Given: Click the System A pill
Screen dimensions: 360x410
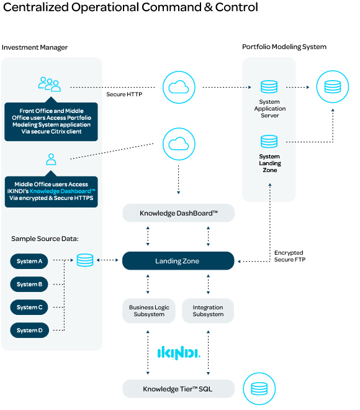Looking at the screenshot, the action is tap(29, 261).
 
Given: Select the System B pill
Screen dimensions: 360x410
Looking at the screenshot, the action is tap(29, 285).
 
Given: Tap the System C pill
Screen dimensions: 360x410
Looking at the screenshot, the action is tap(29, 307).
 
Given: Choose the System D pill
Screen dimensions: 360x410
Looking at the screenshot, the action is tap(30, 330).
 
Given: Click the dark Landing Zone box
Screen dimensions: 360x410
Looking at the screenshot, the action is tap(178, 261).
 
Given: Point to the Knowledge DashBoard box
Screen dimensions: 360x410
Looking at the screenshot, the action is tap(178, 213).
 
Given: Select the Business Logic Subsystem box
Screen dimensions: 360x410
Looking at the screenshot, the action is tap(149, 311).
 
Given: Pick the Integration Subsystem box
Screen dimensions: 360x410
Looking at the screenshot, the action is tap(208, 311).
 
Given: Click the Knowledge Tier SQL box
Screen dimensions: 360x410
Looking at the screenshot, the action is tap(178, 389).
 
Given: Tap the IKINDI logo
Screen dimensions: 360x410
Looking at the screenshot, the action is tap(179, 353).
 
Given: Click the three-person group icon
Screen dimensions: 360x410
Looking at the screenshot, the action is tap(50, 84).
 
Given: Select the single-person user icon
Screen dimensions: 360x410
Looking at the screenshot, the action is tap(51, 159).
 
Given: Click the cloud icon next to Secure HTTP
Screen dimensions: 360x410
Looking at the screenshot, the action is tap(179, 88).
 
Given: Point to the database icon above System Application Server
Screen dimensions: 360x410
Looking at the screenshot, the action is tap(269, 86).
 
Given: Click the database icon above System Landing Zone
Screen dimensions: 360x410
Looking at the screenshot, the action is tap(269, 141).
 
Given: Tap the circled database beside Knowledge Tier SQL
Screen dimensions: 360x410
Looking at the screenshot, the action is tap(259, 388).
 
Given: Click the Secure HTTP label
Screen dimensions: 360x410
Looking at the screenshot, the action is tap(124, 94).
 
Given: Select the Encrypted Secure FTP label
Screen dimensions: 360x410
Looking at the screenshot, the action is tap(290, 256).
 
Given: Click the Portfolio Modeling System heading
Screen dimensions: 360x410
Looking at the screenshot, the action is tap(284, 47).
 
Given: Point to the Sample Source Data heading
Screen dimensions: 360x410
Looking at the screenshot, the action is tap(45, 239).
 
